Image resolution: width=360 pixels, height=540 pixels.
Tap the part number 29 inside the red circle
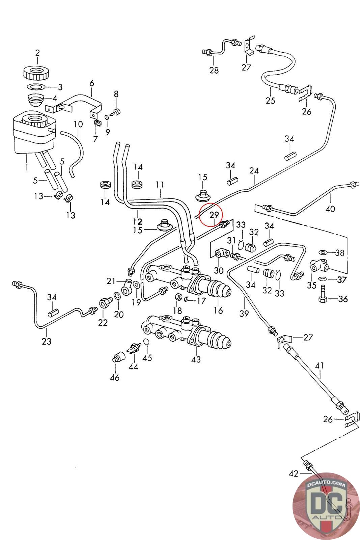214,215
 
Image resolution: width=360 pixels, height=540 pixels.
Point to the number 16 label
218,310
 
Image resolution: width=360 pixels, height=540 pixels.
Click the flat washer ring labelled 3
36,86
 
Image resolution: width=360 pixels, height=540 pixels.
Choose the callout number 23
47,341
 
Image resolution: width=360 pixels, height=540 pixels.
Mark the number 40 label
330,209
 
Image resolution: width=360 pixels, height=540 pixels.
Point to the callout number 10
78,125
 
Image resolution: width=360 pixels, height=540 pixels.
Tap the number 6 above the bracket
91,84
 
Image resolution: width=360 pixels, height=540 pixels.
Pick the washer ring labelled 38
323,252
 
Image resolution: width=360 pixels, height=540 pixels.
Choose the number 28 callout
214,70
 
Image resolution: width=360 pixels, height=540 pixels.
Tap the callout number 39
244,314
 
